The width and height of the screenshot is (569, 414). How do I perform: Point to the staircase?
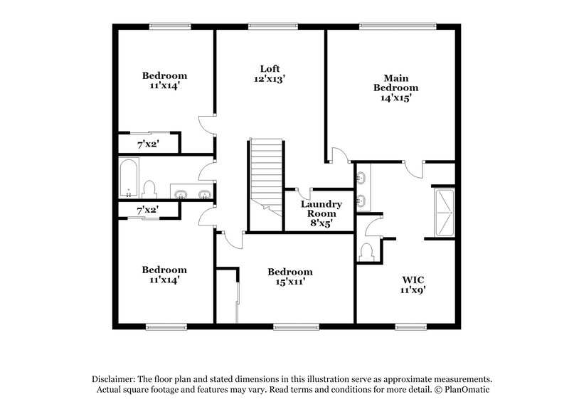[x=266, y=174]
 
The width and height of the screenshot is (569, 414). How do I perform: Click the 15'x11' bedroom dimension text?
[x=289, y=282]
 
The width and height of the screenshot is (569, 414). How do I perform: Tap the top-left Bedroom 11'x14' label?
[x=164, y=80]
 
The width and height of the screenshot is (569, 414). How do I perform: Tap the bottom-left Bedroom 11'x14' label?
[x=164, y=275]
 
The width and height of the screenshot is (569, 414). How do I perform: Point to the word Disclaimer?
[x=114, y=380]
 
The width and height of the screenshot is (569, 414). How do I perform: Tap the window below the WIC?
[x=410, y=327]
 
